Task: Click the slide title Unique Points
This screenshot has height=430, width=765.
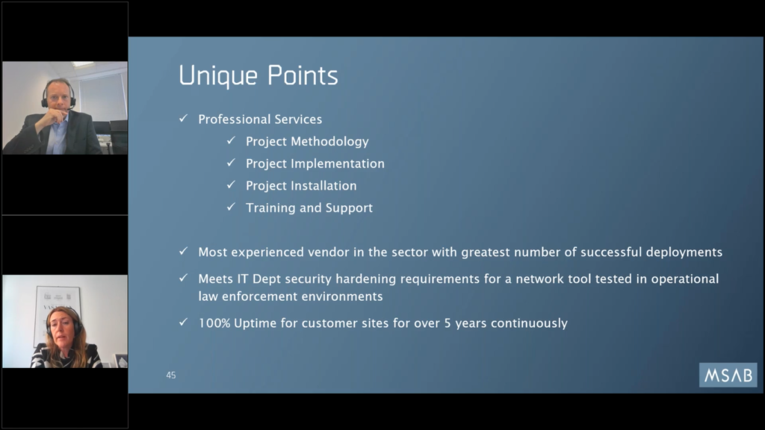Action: pyautogui.click(x=258, y=75)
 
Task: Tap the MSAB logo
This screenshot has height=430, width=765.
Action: pyautogui.click(x=728, y=375)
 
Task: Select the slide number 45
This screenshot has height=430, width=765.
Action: pyautogui.click(x=171, y=375)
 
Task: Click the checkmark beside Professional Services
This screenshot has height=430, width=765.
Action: pyautogui.click(x=184, y=119)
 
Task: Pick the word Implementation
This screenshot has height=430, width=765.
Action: pyautogui.click(x=338, y=163)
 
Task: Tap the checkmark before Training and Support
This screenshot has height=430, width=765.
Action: pyautogui.click(x=232, y=207)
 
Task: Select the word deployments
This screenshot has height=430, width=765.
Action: pyautogui.click(x=684, y=252)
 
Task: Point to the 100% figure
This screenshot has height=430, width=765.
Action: pyautogui.click(x=214, y=322)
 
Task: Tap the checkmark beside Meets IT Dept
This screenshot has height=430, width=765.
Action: pyautogui.click(x=184, y=278)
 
